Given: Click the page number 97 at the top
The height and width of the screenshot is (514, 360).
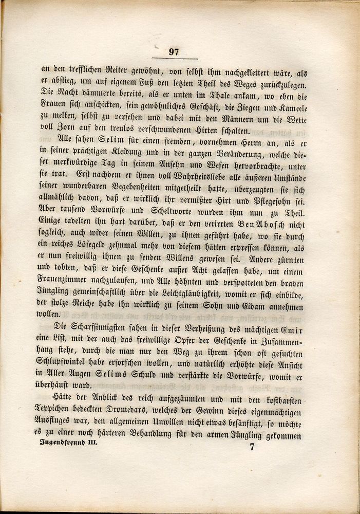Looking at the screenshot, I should [x=174, y=51].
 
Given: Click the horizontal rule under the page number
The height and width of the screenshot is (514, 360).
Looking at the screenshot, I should [x=174, y=59].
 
